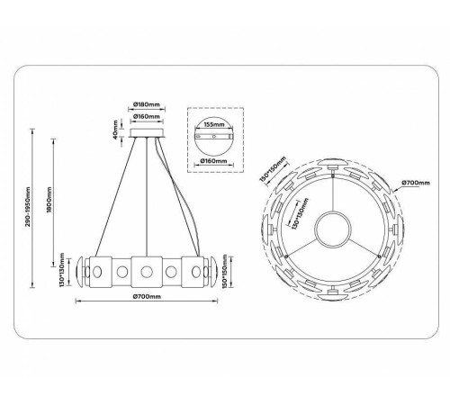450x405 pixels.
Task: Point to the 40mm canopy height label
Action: (116, 131)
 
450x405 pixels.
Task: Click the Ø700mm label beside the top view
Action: (416, 186)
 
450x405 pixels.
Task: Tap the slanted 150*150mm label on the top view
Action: (269, 170)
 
